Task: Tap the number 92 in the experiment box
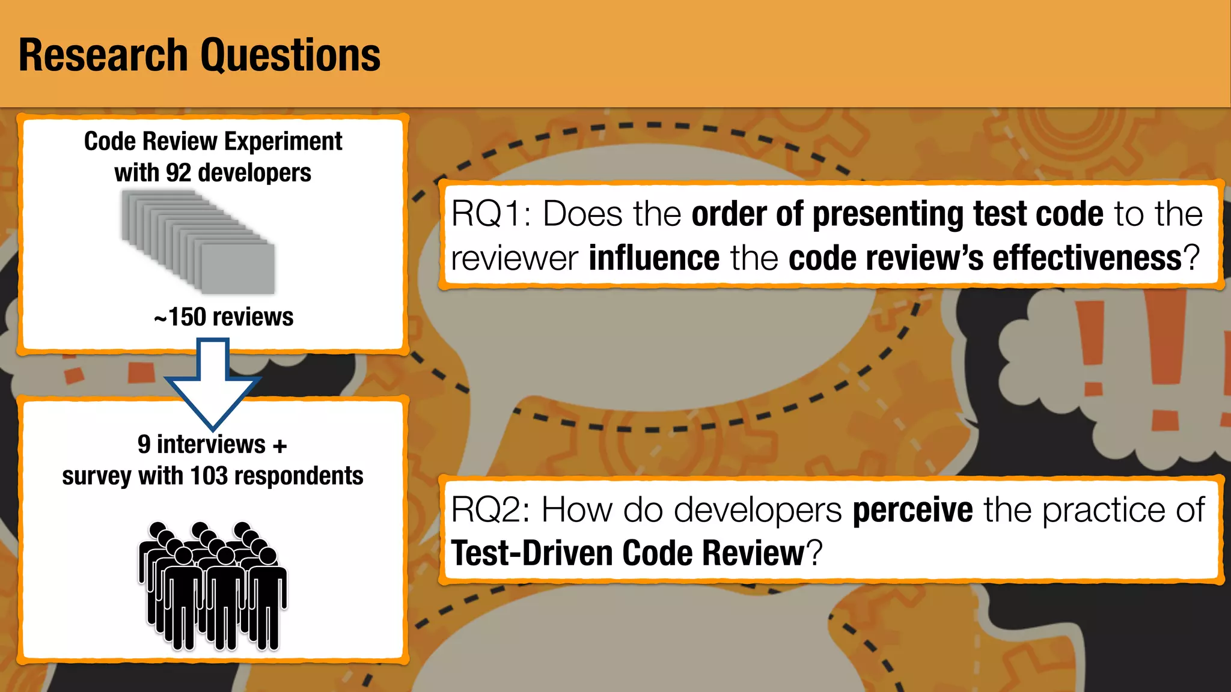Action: pos(179,173)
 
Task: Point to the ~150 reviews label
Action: pos(224,317)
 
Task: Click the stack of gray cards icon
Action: pos(198,241)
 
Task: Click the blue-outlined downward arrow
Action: pos(213,384)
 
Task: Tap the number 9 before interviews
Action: pos(144,445)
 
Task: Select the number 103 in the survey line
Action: pos(209,476)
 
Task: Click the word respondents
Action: pos(299,476)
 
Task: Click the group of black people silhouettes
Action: pos(213,586)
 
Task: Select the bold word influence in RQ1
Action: pos(654,258)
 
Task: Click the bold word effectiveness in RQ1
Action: pos(1087,258)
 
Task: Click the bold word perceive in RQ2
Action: pos(912,510)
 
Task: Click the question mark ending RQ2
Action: pos(814,553)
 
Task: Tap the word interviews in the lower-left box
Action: pos(211,445)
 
